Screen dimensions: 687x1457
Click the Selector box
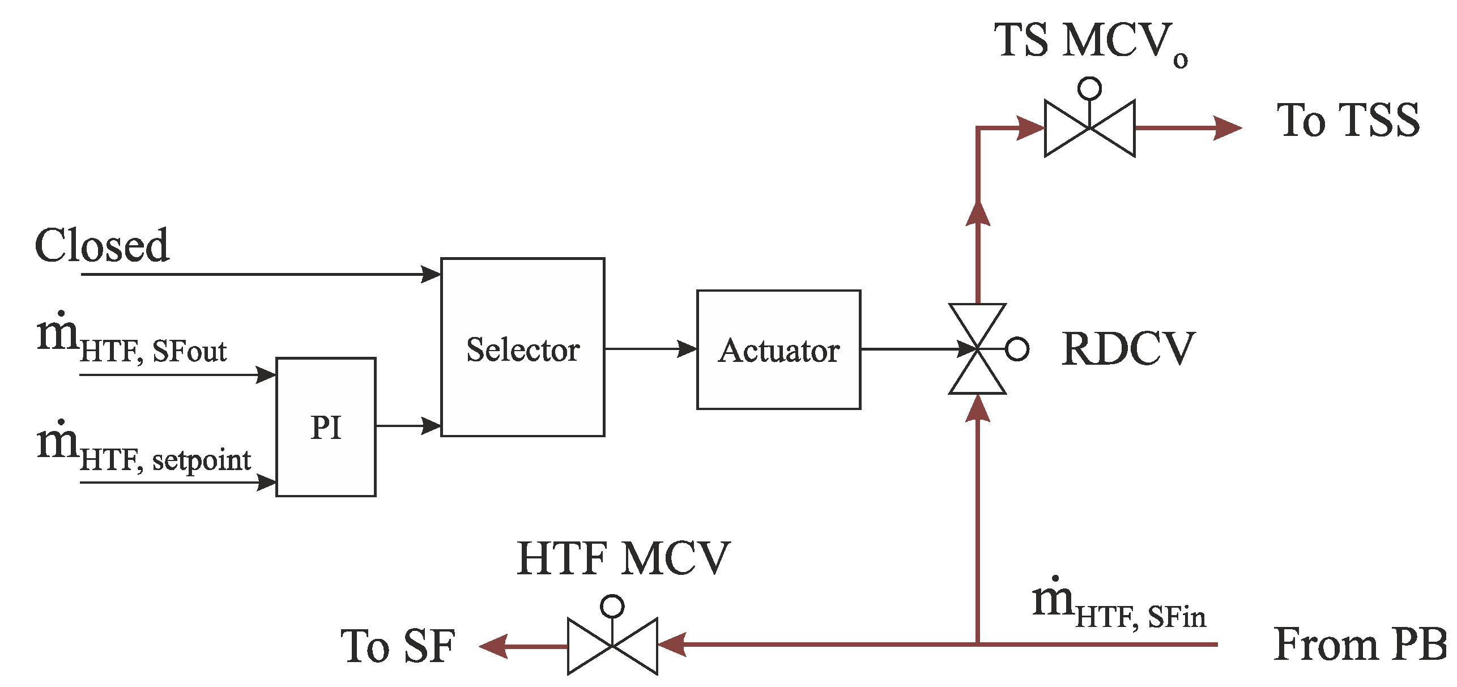(x=522, y=347)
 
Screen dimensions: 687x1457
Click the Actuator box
(x=778, y=349)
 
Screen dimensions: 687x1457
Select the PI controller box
(x=326, y=427)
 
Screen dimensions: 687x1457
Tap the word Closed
(x=102, y=246)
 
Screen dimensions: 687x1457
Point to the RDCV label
(x=1128, y=349)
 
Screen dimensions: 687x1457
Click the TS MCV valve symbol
(x=1089, y=128)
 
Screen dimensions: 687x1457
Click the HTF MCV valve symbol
(x=612, y=646)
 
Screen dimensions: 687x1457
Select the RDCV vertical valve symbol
(x=977, y=349)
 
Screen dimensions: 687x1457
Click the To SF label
(x=398, y=646)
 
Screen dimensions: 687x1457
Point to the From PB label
(x=1360, y=645)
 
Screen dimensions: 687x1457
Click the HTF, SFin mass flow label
(x=1119, y=606)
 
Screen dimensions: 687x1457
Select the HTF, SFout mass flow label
(x=131, y=340)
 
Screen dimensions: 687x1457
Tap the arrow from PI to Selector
(x=408, y=425)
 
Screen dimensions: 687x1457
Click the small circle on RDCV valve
(x=1017, y=349)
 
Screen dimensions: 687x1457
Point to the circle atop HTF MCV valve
(x=612, y=606)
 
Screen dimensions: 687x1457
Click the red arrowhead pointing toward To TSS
(x=1226, y=128)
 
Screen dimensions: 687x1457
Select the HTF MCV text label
(x=623, y=559)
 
